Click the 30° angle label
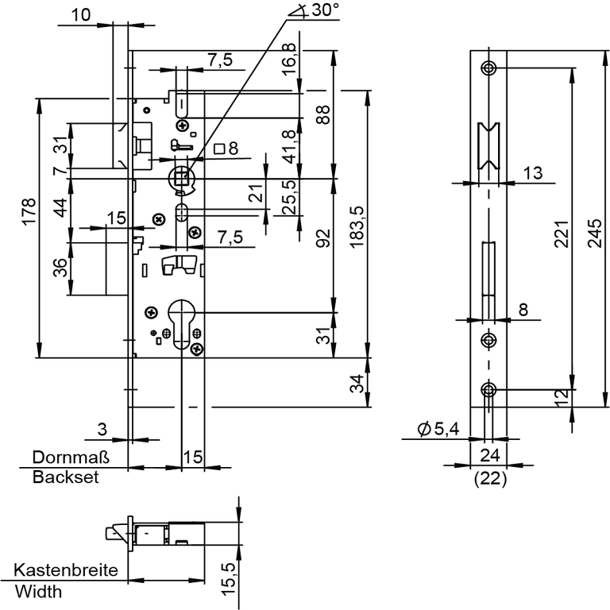click(322, 10)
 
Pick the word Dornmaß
click(69, 457)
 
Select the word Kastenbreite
click(66, 570)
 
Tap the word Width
click(38, 591)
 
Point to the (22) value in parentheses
click(489, 478)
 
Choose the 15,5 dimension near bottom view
click(229, 578)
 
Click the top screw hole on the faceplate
click(488, 67)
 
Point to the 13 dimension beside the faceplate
click(533, 173)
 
